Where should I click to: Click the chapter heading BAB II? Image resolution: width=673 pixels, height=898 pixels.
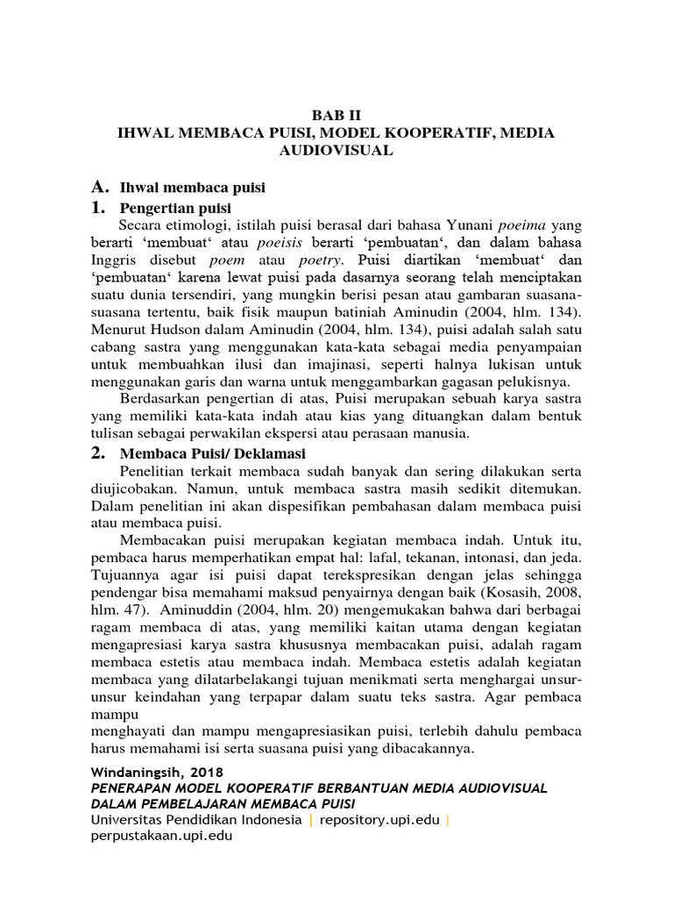(336, 115)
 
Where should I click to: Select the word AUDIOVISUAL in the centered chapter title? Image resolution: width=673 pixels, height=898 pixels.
(336, 150)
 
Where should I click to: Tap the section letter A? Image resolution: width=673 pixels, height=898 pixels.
(100, 187)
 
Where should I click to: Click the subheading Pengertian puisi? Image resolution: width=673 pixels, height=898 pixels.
(174, 208)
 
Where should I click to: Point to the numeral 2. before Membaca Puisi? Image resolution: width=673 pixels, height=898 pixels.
(99, 453)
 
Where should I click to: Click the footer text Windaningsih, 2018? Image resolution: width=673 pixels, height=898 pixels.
(158, 773)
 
